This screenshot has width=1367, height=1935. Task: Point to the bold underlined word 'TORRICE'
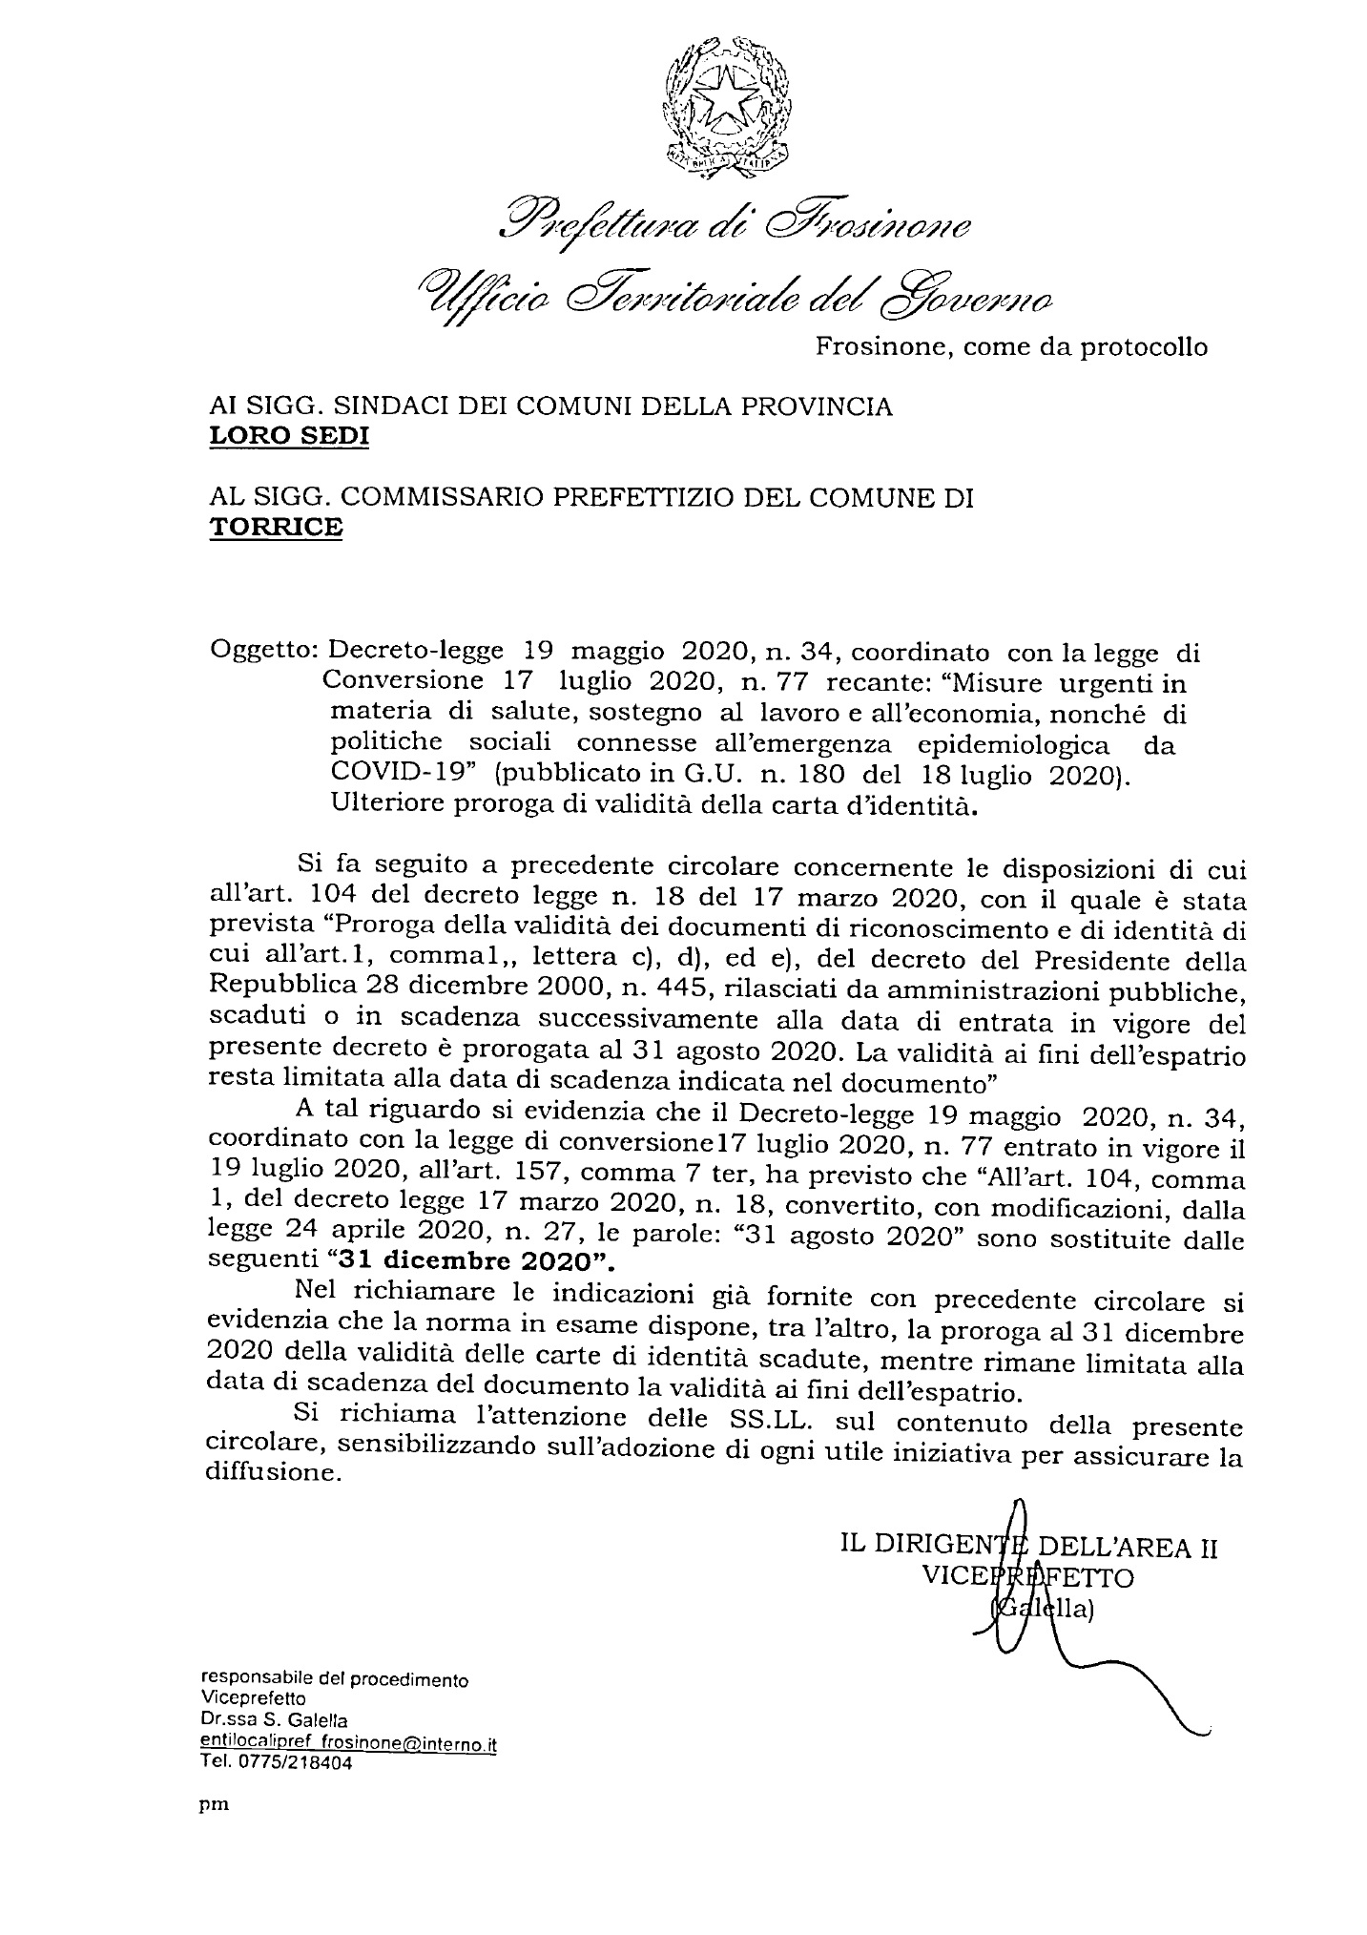tap(275, 527)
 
